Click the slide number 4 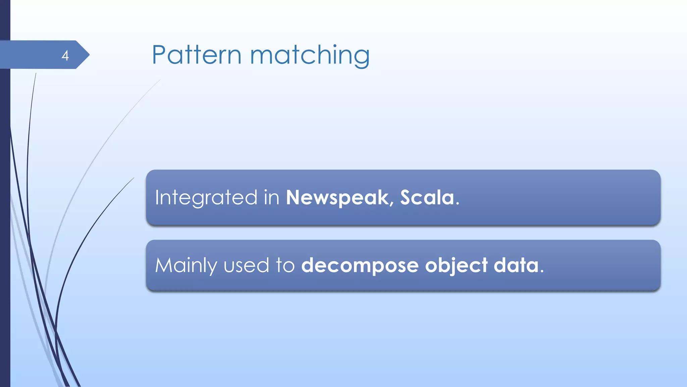(65, 55)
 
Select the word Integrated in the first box (206, 198)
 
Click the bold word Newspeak (337, 198)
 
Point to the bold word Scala (427, 198)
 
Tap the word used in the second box (246, 265)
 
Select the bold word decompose (360, 265)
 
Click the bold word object (456, 265)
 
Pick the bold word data (516, 265)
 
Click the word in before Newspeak (271, 198)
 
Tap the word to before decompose (285, 265)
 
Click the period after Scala (458, 204)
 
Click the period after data (542, 271)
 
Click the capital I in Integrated (157, 198)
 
